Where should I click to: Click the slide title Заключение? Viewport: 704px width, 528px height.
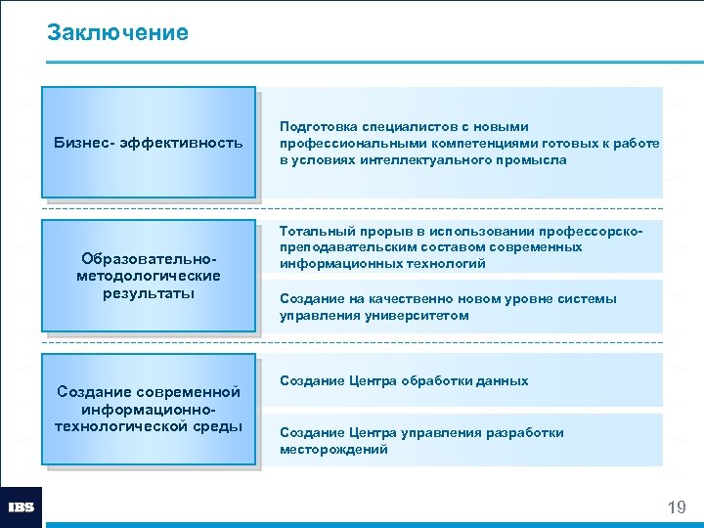tap(117, 33)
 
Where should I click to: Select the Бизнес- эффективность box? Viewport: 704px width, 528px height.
tap(149, 144)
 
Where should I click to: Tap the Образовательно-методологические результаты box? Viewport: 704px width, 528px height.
tap(149, 275)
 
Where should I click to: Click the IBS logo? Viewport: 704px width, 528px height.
tap(21, 506)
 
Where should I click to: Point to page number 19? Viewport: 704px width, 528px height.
tap(676, 506)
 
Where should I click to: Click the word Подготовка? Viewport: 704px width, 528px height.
tap(318, 127)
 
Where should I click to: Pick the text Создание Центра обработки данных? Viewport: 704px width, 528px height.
tap(404, 380)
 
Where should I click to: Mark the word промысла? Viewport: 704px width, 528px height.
tap(533, 159)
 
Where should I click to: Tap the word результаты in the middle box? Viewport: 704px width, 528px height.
tap(149, 292)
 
